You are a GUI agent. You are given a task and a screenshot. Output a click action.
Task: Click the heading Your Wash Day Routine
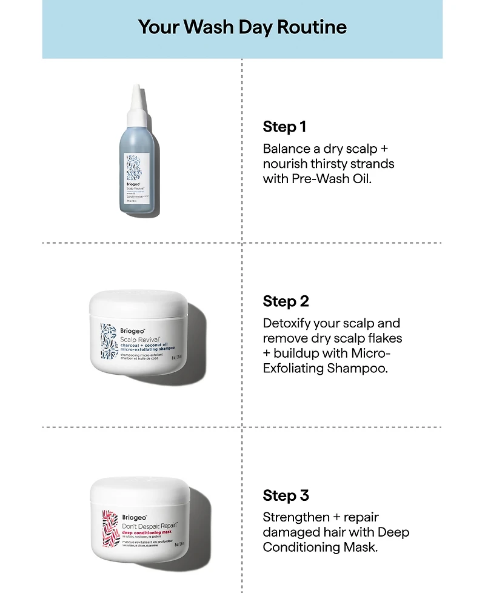[242, 27]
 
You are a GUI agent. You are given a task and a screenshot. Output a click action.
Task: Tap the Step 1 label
[284, 127]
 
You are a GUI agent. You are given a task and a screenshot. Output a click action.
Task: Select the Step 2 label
[286, 301]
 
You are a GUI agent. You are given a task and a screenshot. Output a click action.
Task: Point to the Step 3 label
[286, 495]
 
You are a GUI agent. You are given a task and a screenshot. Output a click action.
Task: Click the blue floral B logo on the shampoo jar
[108, 341]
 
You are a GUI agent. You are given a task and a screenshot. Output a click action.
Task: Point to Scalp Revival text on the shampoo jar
[138, 340]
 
